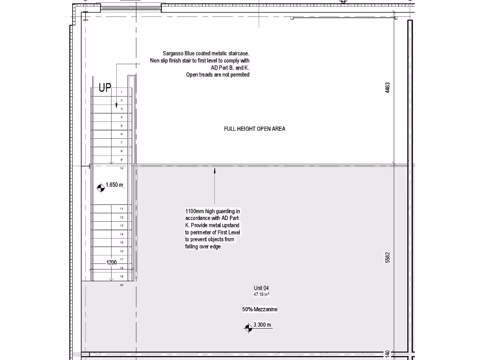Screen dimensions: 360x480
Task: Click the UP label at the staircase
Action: pyautogui.click(x=105, y=88)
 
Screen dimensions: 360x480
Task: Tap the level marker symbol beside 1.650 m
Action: pyautogui.click(x=101, y=188)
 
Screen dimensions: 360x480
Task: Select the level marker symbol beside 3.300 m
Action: pyautogui.click(x=248, y=328)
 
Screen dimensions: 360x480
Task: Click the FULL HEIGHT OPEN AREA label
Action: pyautogui.click(x=255, y=129)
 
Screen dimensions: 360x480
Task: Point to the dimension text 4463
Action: pyautogui.click(x=388, y=88)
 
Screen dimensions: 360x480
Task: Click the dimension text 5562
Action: pyautogui.click(x=388, y=257)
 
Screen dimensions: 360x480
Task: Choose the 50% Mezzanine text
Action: pyautogui.click(x=260, y=309)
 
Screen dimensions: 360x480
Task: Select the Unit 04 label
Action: pyautogui.click(x=262, y=288)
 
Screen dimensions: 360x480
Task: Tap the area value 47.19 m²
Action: pyautogui.click(x=262, y=295)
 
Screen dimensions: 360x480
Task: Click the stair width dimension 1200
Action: pyautogui.click(x=112, y=262)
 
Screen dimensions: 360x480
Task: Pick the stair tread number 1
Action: pyautogui.click(x=121, y=92)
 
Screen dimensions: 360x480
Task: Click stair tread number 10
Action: pyautogui.click(x=121, y=168)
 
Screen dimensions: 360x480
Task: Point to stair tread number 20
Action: pyautogui.click(x=121, y=285)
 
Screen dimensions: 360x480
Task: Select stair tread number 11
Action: pyautogui.click(x=121, y=209)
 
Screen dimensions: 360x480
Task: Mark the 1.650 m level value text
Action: pyautogui.click(x=114, y=185)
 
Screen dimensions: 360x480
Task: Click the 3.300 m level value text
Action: pyautogui.click(x=262, y=325)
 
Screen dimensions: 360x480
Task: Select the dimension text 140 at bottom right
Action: pyautogui.click(x=388, y=354)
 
